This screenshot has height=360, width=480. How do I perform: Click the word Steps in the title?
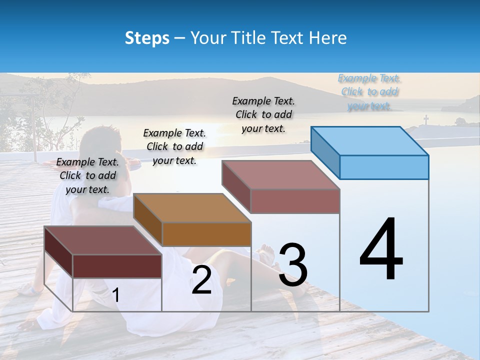[147, 38]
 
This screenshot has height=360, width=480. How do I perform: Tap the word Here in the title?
[328, 38]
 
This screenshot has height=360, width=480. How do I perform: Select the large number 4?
[381, 249]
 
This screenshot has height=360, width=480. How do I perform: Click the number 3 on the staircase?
[292, 265]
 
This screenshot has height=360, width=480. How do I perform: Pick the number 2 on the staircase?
[201, 280]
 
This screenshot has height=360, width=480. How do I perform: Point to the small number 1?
[116, 295]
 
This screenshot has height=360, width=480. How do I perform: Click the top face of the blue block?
[370, 140]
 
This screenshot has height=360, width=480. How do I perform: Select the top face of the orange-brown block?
[192, 207]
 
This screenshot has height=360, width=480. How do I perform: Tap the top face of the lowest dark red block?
[102, 240]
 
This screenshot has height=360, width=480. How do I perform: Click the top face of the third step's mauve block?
[281, 175]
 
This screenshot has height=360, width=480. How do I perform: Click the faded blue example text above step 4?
[369, 92]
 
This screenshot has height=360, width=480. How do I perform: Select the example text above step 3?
[263, 114]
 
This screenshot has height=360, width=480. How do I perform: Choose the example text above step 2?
[174, 146]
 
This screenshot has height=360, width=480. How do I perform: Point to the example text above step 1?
[87, 175]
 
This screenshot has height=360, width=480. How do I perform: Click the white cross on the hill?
[426, 120]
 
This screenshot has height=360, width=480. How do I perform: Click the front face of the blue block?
[384, 167]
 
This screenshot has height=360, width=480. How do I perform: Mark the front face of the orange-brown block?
[206, 234]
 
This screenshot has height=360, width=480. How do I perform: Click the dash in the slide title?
[180, 38]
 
